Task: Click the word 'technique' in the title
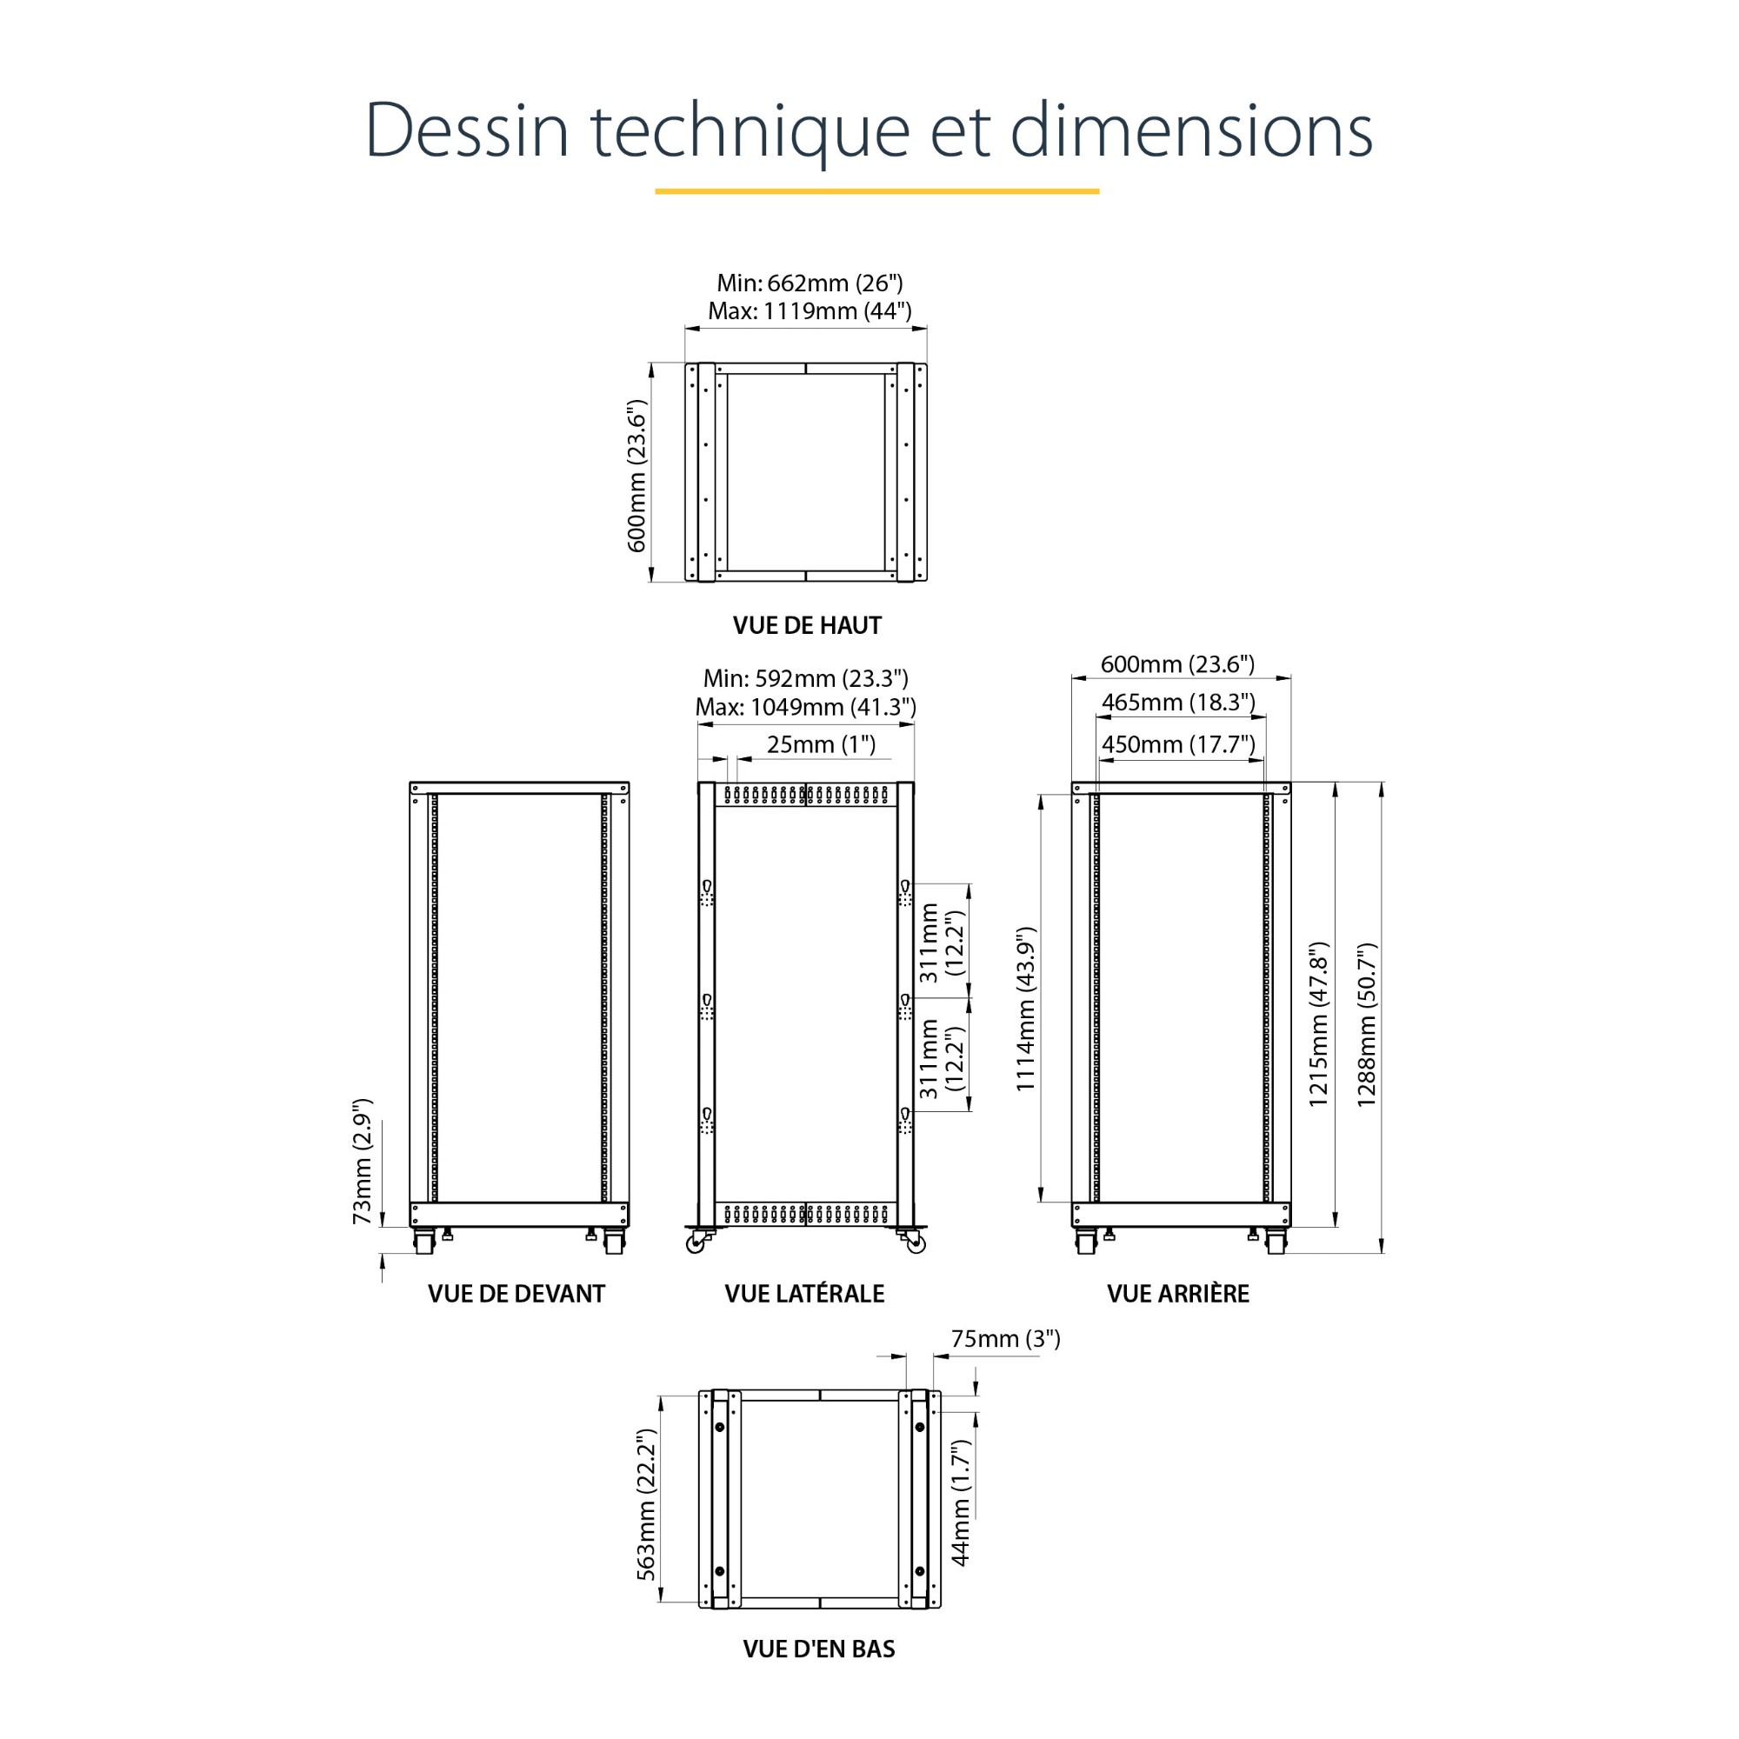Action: (x=750, y=130)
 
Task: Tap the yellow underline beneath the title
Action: (x=876, y=190)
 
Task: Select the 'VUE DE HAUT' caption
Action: (x=807, y=624)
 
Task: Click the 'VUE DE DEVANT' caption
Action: (x=516, y=1294)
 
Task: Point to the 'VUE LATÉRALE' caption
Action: (x=804, y=1294)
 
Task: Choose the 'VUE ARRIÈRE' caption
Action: (x=1178, y=1294)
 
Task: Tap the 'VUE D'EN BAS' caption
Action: (x=819, y=1649)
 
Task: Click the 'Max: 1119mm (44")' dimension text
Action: (x=810, y=311)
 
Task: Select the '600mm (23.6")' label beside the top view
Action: (x=636, y=476)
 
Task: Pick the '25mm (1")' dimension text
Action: (x=821, y=744)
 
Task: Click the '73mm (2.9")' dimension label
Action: (x=362, y=1162)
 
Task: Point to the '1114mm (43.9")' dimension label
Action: (x=1026, y=1009)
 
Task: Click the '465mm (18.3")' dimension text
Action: (x=1178, y=702)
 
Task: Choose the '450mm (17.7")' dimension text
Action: (x=1178, y=744)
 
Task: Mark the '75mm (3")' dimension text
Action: (x=1005, y=1339)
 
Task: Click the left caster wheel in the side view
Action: (x=696, y=1243)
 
